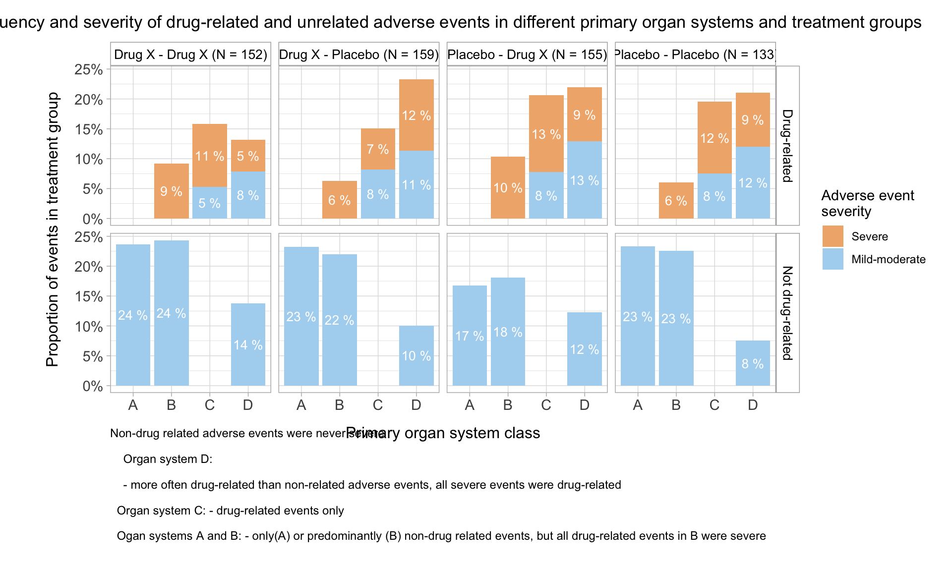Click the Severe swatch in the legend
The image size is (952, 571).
point(833,236)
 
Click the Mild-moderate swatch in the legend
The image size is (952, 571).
point(833,259)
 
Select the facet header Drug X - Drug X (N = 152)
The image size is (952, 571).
point(190,55)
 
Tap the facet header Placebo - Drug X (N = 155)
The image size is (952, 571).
point(527,55)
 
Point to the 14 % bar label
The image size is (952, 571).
point(248,345)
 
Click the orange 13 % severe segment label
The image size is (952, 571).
point(546,134)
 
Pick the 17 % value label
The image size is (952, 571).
point(470,336)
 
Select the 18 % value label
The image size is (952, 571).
point(508,332)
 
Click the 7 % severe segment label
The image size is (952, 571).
point(378,149)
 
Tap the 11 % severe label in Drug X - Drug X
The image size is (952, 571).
point(209,157)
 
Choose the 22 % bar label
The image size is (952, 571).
point(339,320)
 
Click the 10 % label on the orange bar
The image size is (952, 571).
point(508,188)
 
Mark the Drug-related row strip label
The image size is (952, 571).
point(787,146)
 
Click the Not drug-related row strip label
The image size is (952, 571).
point(787,313)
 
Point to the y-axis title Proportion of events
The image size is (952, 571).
point(52,229)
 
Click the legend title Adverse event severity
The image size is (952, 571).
point(867,203)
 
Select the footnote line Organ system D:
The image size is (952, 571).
point(168,459)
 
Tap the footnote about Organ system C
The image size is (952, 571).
point(230,511)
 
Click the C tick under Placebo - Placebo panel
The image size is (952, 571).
point(714,405)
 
